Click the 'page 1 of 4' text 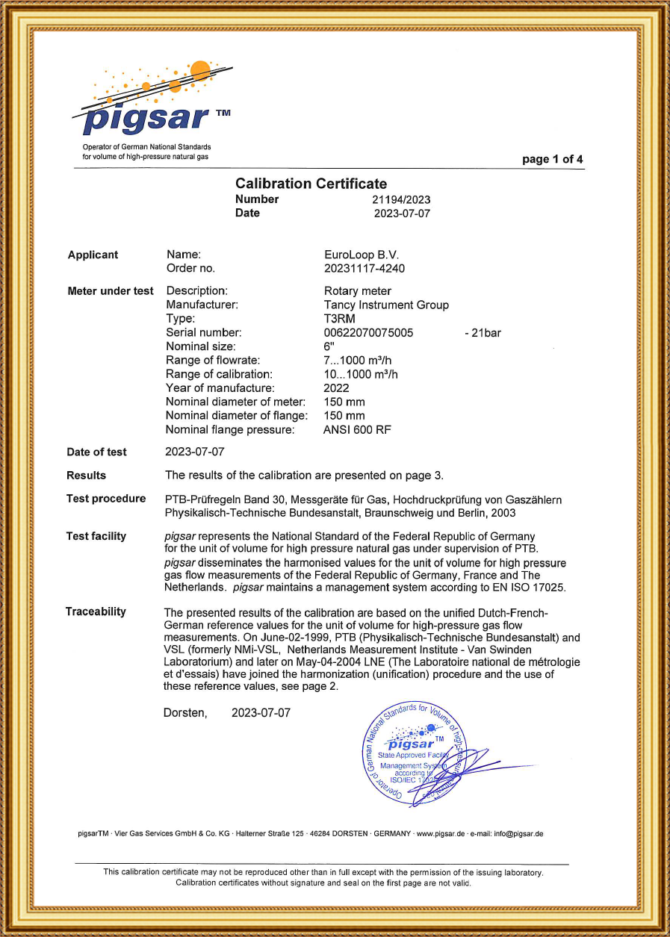[x=553, y=159]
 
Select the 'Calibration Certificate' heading [x=311, y=184]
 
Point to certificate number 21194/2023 [x=401, y=199]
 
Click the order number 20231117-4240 [x=365, y=268]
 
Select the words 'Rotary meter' [x=357, y=290]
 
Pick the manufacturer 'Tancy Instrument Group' [x=385, y=305]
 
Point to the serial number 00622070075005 [x=368, y=332]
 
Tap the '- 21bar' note [x=483, y=332]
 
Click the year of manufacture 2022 [x=336, y=388]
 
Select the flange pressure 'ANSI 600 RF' [x=357, y=430]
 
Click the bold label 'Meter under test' [x=111, y=291]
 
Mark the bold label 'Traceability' [x=96, y=611]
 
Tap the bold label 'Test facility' [x=96, y=536]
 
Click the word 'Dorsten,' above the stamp [x=185, y=713]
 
